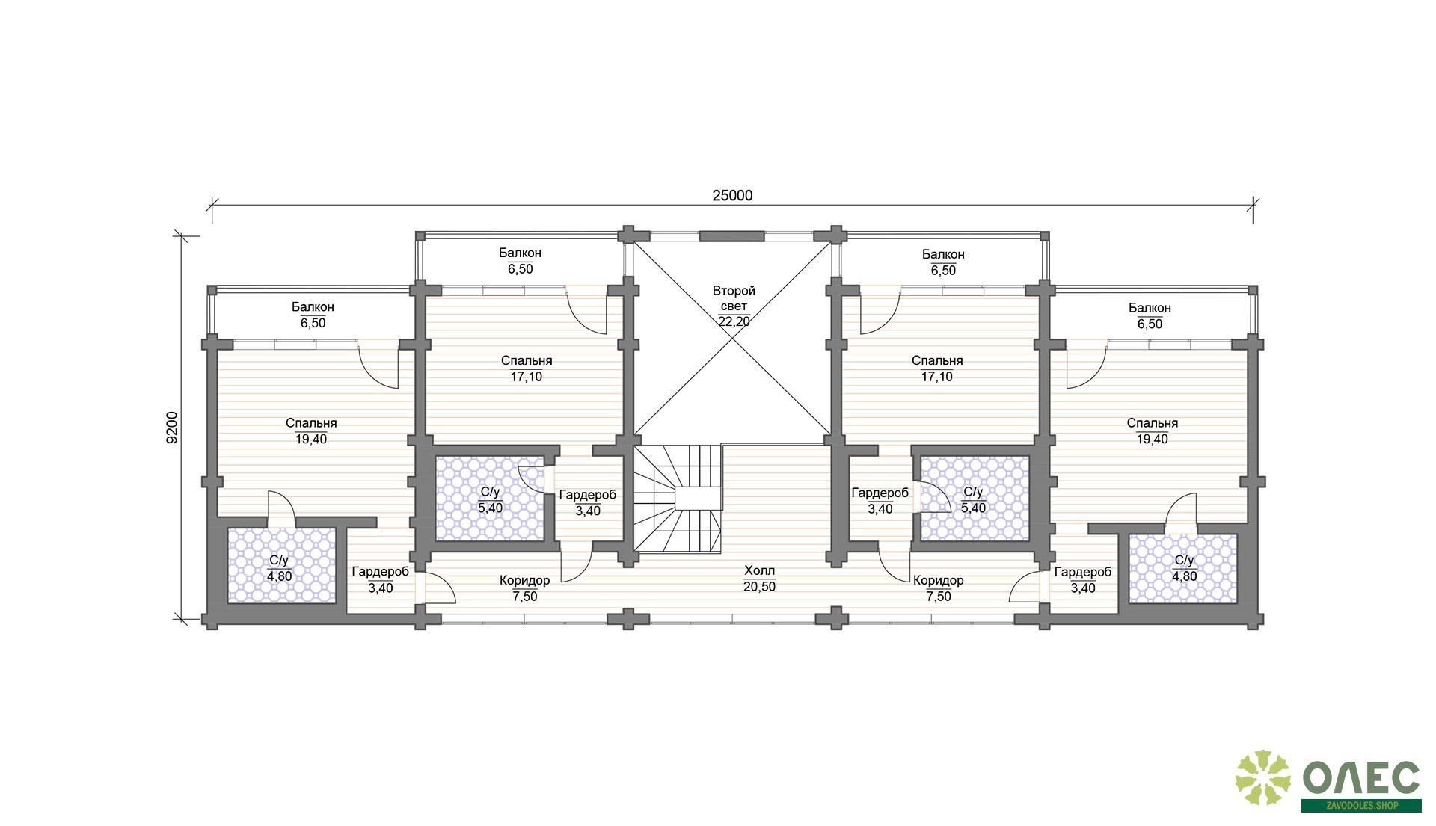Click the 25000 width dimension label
coord(732,196)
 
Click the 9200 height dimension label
coord(172,428)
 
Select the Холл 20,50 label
coord(759,579)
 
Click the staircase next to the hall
coord(678,498)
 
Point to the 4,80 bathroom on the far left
coord(281,565)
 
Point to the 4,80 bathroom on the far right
coord(1183,567)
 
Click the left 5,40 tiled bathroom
coord(490,498)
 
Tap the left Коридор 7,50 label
coord(524,588)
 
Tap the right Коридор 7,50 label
coord(938,588)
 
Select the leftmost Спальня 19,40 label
coord(311,431)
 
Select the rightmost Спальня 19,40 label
coord(1152,431)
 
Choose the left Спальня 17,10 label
coord(527,369)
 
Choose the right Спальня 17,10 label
coord(937,369)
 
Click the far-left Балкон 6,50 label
coord(313,315)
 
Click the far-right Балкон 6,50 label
coord(1150,315)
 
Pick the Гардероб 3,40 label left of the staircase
coord(588,502)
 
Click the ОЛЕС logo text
coord(1361,778)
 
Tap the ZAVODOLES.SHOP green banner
coord(1361,806)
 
